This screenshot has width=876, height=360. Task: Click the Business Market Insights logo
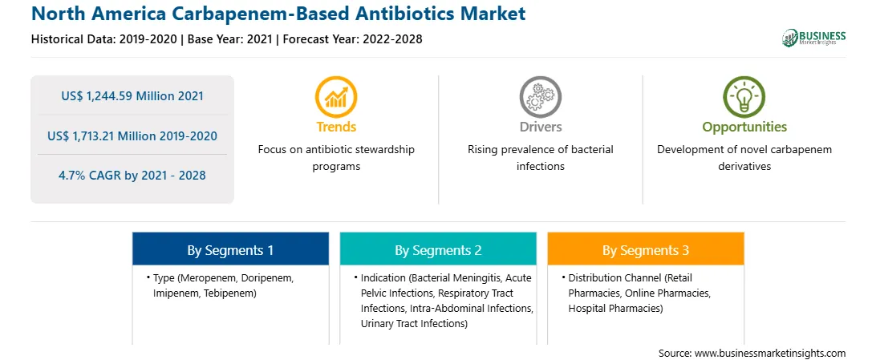813,38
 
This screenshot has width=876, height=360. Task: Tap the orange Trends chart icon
336,97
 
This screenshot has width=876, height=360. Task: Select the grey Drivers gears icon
540,97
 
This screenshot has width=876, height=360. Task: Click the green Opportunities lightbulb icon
744,97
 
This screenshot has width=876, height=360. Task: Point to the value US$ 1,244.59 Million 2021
132,96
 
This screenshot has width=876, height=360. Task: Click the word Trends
336,127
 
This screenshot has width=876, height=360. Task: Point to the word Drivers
540,127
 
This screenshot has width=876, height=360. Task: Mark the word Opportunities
744,127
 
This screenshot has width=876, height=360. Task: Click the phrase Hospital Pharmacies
614,308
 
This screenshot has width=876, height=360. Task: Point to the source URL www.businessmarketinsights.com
770,353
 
